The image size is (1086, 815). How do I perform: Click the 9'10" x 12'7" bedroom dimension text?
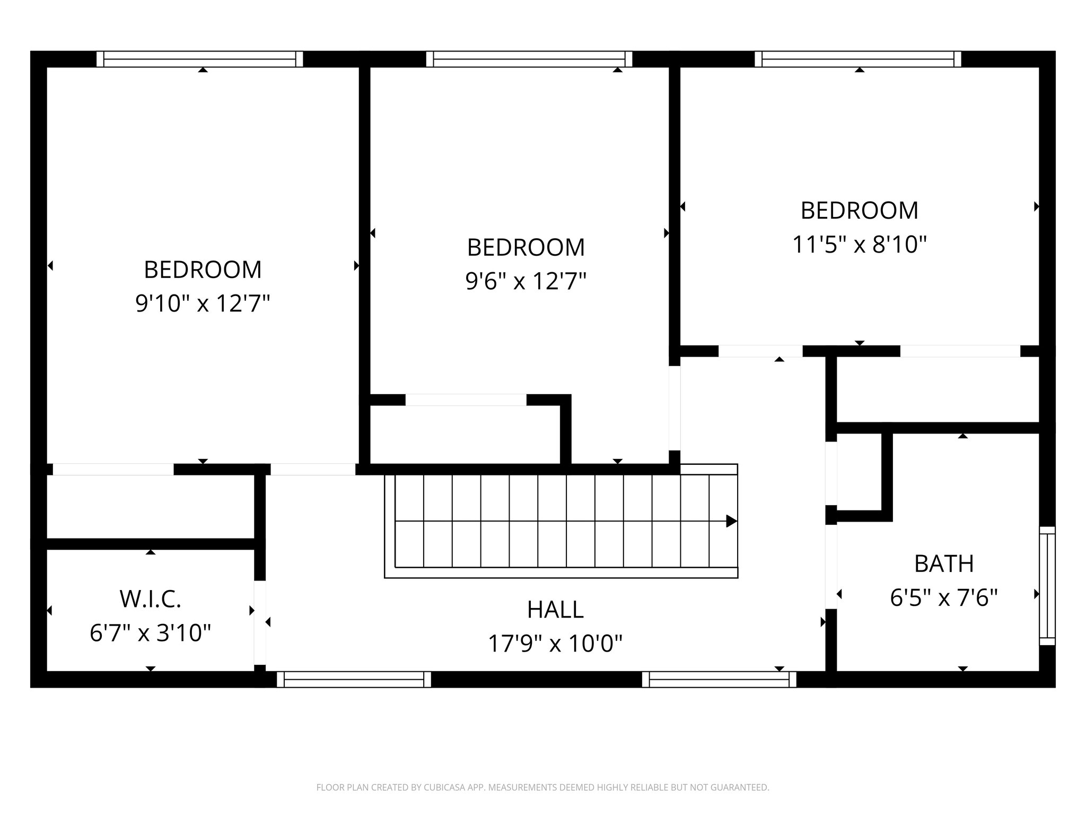coord(203,304)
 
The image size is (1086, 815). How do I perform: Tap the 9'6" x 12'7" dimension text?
coord(526,281)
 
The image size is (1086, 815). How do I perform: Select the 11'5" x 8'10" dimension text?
coord(859,245)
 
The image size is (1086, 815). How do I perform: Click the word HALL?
coord(555,610)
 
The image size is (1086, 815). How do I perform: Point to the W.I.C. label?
coord(151,599)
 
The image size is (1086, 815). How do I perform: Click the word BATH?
coord(943,564)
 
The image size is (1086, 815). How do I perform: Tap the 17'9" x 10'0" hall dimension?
coord(555,644)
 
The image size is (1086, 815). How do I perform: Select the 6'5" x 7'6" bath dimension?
coord(943,598)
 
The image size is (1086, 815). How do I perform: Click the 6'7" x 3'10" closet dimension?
coord(151,633)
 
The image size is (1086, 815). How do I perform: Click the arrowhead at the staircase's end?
coord(731,521)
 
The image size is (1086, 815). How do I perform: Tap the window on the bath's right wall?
coord(1047,586)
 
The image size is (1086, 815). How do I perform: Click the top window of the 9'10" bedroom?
coord(199,59)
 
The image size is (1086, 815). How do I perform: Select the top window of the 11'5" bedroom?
coord(857,59)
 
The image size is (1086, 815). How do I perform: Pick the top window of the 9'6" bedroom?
coord(529,59)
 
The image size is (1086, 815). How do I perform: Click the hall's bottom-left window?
coord(354,680)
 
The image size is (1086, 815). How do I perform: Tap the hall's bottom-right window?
coord(719,680)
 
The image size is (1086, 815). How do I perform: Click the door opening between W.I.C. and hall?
coord(259,623)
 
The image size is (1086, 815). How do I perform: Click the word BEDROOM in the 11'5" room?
coord(859,211)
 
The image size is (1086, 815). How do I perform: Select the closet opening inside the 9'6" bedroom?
coord(466,400)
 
